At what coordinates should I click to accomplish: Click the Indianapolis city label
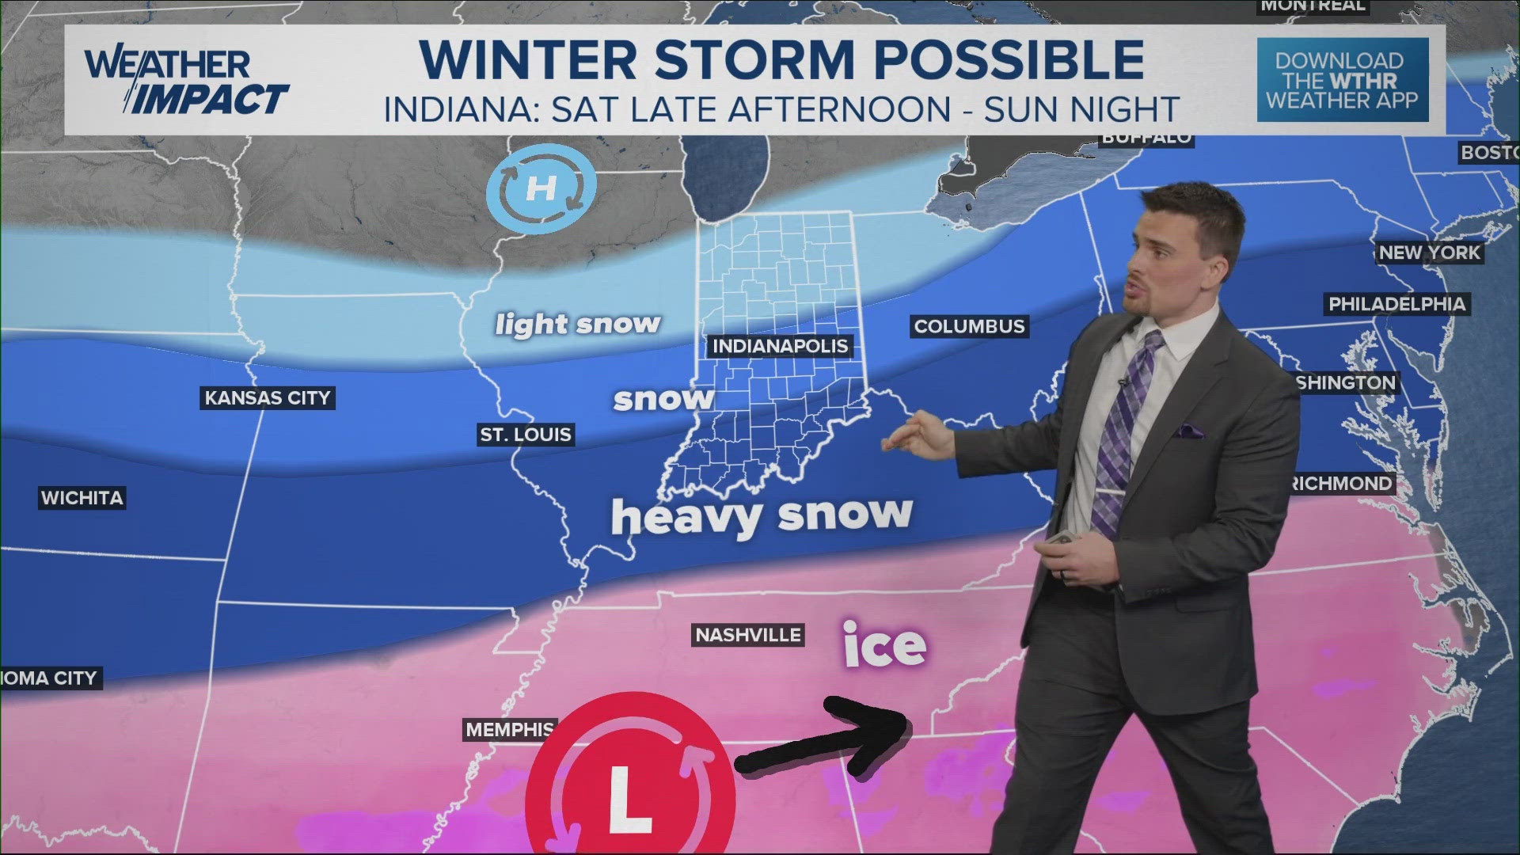[780, 346]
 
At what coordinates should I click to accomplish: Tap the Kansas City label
[268, 397]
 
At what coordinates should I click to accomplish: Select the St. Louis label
[526, 435]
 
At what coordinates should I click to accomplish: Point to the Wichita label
[82, 498]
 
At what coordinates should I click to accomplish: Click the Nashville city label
[748, 635]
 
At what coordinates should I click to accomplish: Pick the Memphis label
[510, 729]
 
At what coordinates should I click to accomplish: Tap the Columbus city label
[969, 326]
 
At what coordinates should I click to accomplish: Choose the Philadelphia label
[1397, 304]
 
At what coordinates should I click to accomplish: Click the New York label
[1429, 253]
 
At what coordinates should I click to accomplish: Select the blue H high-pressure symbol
[541, 188]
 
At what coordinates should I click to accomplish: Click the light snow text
[578, 324]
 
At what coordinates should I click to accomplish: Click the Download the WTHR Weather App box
[1343, 80]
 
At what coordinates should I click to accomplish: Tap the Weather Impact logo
[187, 82]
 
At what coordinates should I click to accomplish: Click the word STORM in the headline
[755, 60]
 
